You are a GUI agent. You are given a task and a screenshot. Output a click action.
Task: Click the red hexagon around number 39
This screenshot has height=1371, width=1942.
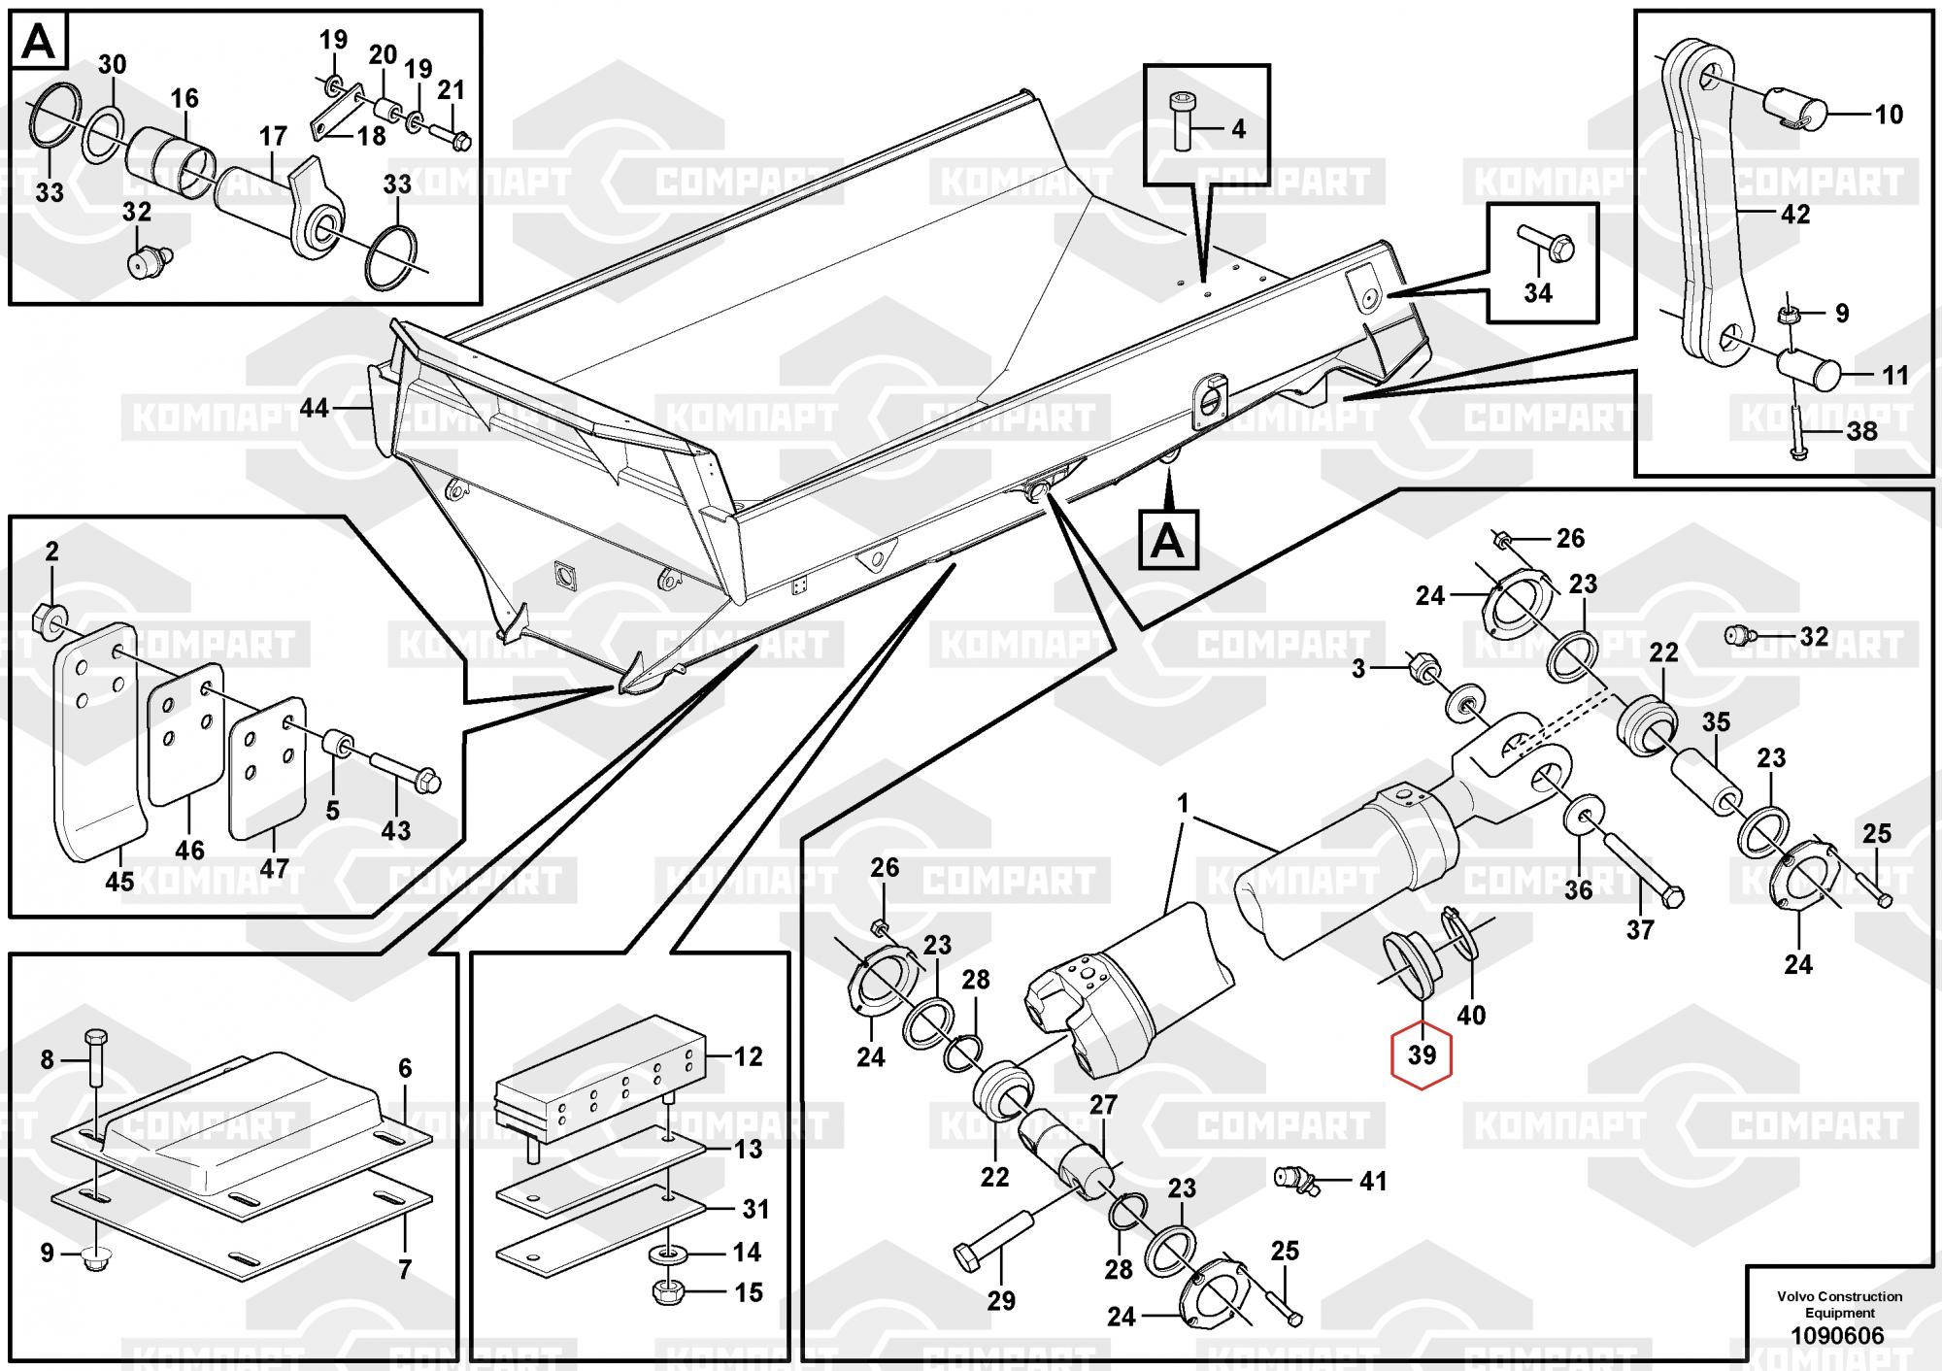(1422, 1054)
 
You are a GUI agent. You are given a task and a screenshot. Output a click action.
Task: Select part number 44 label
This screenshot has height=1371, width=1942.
(314, 408)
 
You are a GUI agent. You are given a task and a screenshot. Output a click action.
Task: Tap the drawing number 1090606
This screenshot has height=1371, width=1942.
(1837, 1336)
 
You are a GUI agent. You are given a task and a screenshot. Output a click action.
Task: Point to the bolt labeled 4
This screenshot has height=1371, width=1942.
(1183, 120)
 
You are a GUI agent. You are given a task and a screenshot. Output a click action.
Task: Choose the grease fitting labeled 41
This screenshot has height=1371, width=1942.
(1296, 1180)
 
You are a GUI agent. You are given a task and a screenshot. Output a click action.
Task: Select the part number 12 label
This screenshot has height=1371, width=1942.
(748, 1056)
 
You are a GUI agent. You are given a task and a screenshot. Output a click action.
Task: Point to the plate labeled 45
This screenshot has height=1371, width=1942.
(97, 748)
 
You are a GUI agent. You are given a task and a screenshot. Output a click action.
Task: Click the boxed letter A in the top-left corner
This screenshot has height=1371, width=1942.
(39, 43)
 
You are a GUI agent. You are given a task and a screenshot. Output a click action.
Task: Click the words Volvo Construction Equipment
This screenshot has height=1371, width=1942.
(1839, 1304)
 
